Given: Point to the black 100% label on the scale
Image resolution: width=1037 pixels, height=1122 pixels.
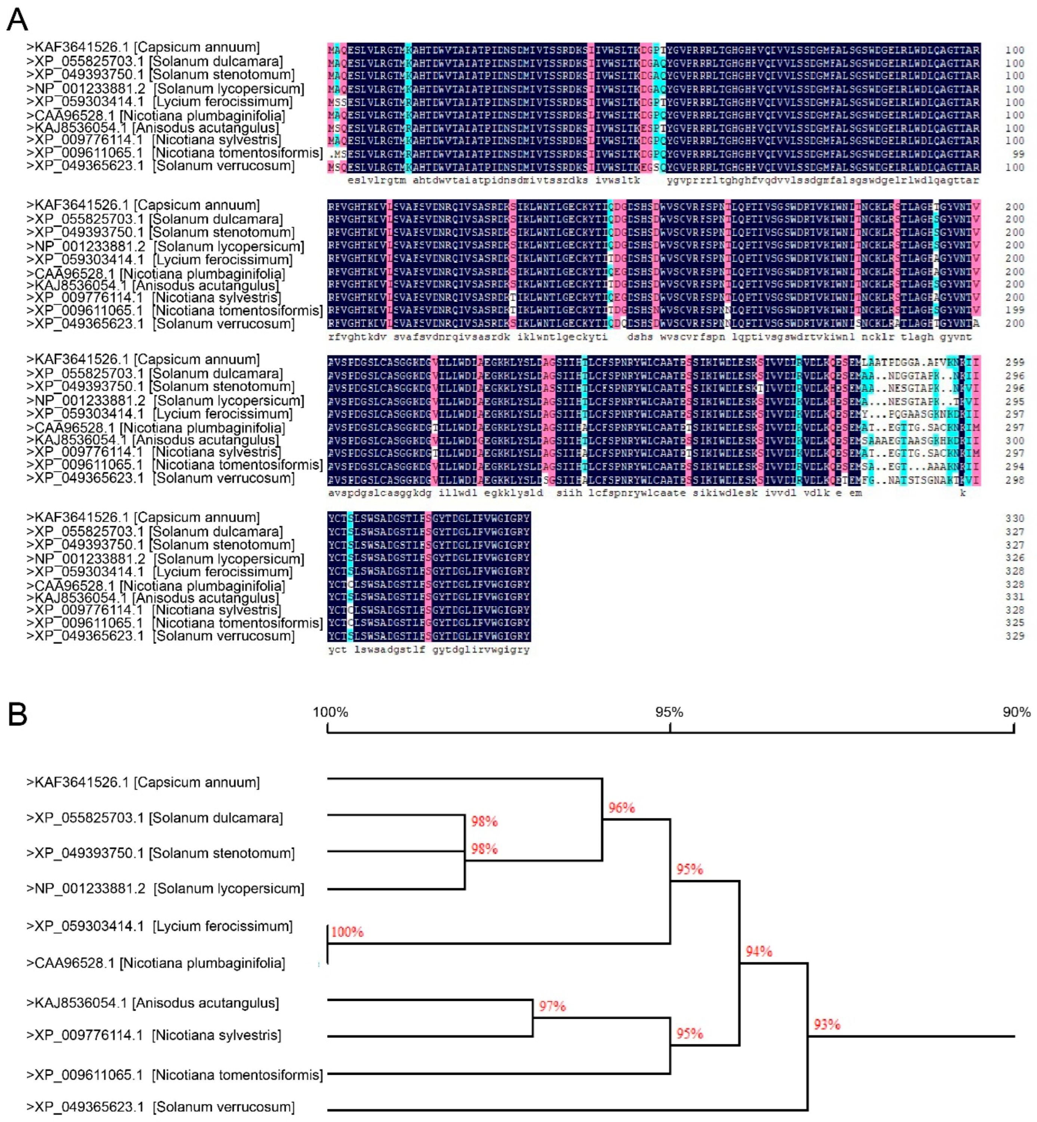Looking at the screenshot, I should click(x=330, y=712).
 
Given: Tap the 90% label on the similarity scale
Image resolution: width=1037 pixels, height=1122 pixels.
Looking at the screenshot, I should click(x=1016, y=712).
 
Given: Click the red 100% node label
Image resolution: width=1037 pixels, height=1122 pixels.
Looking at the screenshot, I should click(x=348, y=932).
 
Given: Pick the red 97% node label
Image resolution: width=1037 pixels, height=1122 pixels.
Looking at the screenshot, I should click(x=552, y=1006).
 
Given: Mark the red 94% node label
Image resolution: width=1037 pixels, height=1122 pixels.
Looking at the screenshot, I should click(x=759, y=952).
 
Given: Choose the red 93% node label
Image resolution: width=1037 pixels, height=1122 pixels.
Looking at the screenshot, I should click(x=827, y=1024).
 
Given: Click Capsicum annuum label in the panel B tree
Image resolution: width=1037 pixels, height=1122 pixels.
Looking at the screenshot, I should click(x=143, y=783).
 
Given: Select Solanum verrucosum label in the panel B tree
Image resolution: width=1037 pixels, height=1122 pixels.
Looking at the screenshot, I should click(x=160, y=1107).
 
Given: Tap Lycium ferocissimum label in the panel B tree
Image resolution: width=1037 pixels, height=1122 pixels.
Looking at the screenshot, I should click(x=159, y=926).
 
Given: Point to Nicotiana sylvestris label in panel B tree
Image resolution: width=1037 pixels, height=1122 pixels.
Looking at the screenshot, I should click(x=154, y=1035).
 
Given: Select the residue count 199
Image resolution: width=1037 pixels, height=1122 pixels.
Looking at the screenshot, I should click(x=1015, y=310).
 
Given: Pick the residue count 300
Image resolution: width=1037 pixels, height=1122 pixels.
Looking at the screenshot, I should click(x=1015, y=440).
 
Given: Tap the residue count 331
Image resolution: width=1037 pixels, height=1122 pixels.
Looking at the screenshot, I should click(x=1015, y=597).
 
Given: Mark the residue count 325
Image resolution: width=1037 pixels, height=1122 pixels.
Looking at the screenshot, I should click(x=1015, y=623).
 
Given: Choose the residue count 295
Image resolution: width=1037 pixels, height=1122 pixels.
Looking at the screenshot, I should click(x=1015, y=401).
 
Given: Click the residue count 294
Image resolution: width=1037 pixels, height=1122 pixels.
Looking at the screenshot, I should click(x=1015, y=467).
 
